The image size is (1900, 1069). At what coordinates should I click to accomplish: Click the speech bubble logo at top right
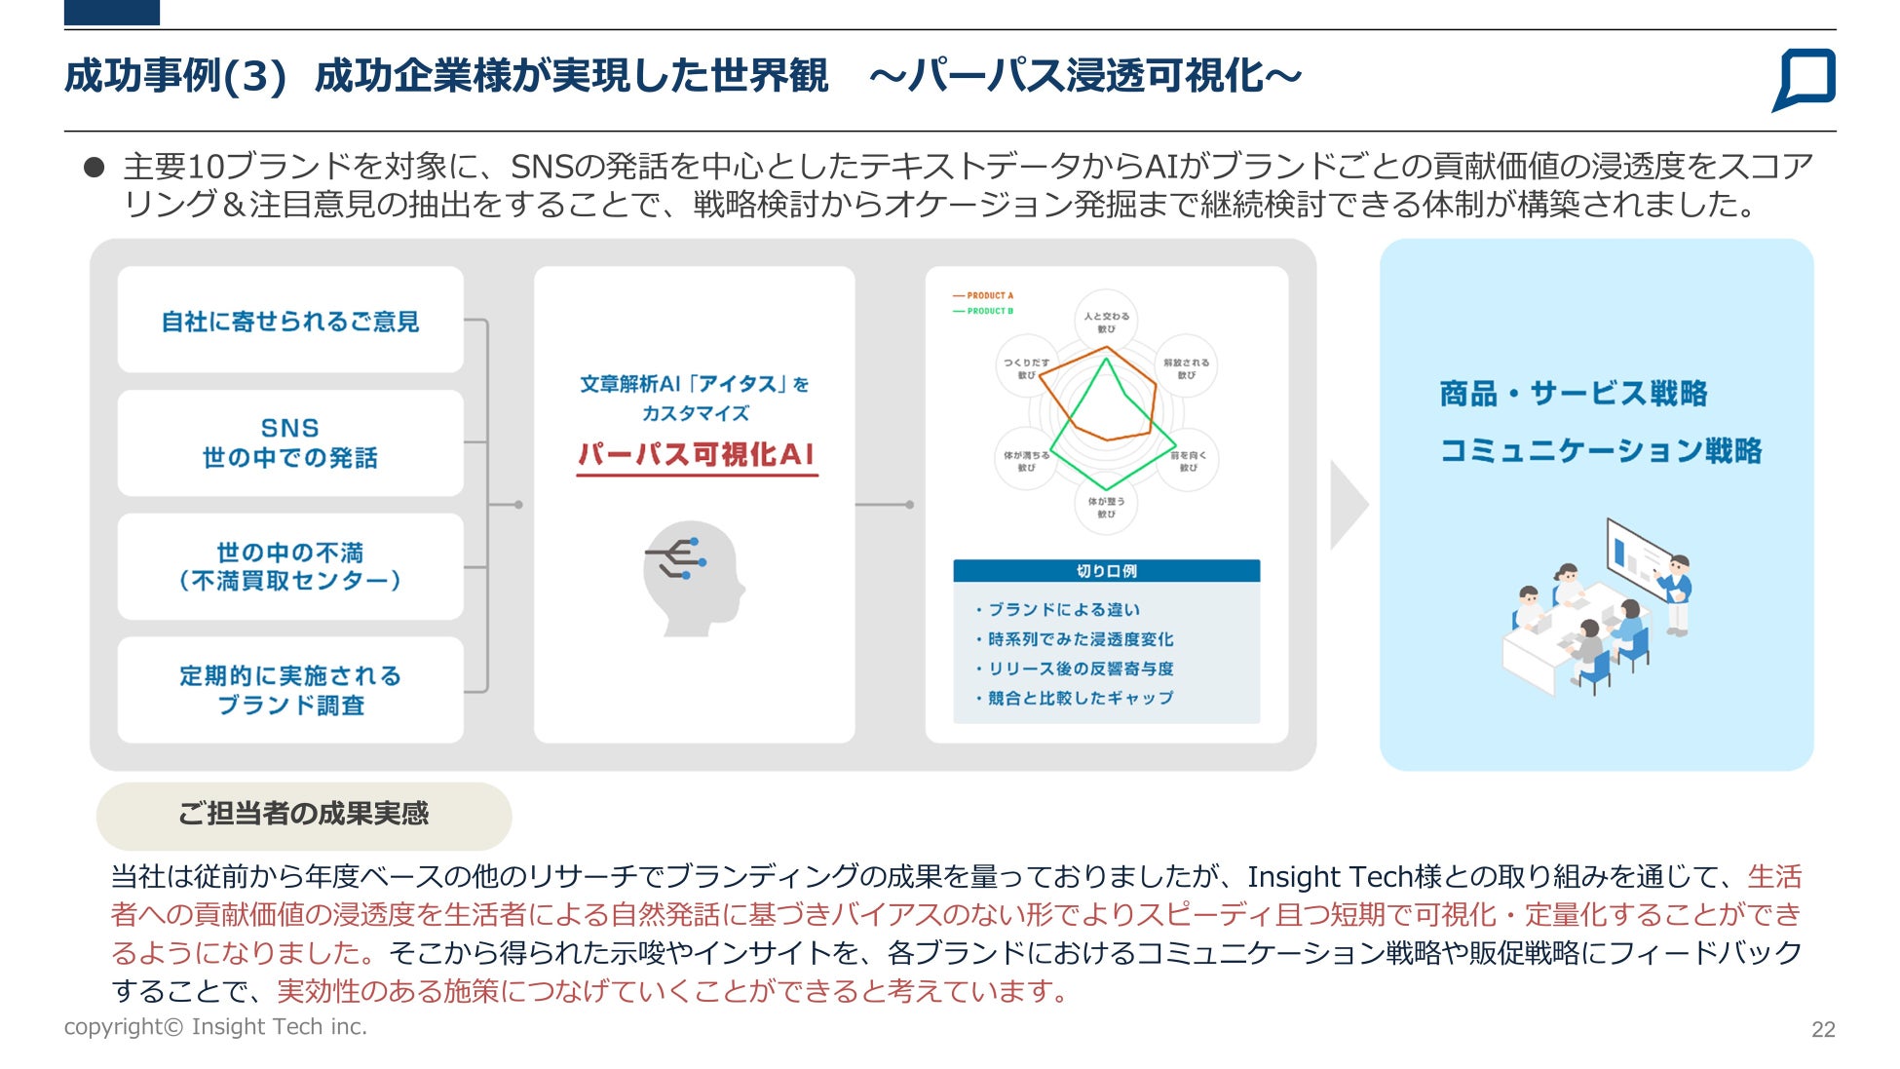(1805, 78)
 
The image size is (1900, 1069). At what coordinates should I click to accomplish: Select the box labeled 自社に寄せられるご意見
(290, 321)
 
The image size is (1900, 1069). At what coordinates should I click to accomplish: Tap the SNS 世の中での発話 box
(290, 442)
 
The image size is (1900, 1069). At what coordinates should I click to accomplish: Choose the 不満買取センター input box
(290, 566)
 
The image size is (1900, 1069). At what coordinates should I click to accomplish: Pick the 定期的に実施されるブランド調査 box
(290, 690)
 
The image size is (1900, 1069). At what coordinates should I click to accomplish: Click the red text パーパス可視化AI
(696, 454)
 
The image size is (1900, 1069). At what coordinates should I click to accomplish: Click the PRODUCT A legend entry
(984, 295)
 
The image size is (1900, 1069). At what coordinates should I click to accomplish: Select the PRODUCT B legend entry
(984, 311)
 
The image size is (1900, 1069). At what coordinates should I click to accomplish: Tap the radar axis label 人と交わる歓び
(1107, 322)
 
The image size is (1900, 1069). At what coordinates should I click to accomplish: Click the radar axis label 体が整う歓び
(1107, 507)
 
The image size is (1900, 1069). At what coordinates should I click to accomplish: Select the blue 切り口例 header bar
(1106, 571)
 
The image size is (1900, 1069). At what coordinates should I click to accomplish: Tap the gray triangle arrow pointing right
(1348, 505)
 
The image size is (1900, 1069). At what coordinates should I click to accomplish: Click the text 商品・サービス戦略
(1574, 394)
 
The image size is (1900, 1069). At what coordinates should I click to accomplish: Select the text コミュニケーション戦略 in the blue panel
(1601, 450)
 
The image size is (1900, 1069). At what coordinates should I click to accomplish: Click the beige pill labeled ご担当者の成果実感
(303, 815)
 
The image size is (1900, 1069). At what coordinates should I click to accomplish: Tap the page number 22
(1823, 1030)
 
